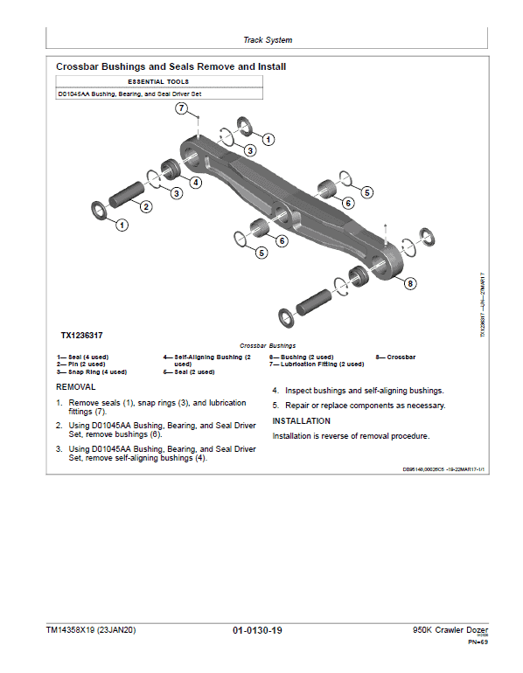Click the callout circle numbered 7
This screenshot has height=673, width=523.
tap(181, 108)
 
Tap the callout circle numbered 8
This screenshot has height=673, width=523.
tap(410, 282)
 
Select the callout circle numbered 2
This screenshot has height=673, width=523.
tap(146, 206)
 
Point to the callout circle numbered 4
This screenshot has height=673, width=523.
tap(196, 182)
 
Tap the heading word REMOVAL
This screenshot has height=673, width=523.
tap(76, 386)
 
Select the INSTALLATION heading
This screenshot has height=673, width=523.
tap(302, 420)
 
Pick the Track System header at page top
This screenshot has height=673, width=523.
tap(268, 40)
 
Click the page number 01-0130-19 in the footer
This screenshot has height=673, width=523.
tap(257, 631)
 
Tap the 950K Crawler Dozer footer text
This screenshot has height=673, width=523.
tap(450, 631)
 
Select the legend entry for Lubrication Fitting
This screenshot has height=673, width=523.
tap(305, 364)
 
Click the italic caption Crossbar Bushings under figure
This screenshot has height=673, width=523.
tap(268, 345)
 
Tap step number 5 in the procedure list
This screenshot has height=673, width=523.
tap(275, 406)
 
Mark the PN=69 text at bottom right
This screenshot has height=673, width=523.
tap(478, 642)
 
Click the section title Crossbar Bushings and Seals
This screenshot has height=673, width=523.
tap(171, 66)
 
